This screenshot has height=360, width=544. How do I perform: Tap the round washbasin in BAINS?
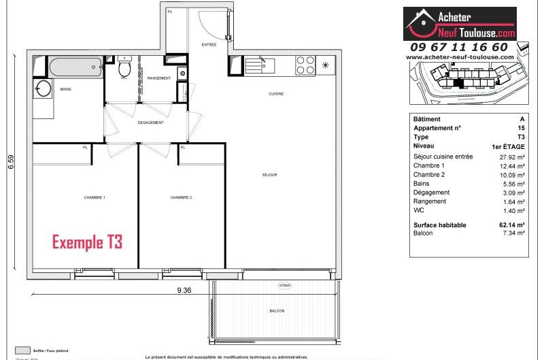click(44, 89)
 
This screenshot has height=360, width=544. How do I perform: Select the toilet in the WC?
click(124, 68)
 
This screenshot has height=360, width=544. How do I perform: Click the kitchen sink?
click(259, 65)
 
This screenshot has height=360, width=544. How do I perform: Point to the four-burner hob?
click(305, 65)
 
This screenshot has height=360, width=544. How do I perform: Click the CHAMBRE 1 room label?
click(95, 197)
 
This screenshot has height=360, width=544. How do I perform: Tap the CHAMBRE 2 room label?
click(181, 197)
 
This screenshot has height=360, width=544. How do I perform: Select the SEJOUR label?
click(269, 175)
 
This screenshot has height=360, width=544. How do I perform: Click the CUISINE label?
click(275, 94)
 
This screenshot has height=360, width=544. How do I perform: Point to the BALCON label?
click(277, 311)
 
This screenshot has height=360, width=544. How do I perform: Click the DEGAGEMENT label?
click(150, 122)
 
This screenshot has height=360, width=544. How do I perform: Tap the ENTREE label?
click(209, 45)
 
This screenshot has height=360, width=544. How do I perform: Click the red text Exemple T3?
click(87, 242)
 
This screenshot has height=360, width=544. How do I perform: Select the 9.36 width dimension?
click(184, 289)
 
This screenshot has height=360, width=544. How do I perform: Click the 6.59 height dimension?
click(11, 163)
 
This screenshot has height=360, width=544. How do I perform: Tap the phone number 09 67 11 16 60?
click(458, 47)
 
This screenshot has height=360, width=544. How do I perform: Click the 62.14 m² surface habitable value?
click(511, 225)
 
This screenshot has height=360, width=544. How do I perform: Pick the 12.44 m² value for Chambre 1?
click(511, 166)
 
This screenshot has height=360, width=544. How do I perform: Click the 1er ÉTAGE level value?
click(507, 146)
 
